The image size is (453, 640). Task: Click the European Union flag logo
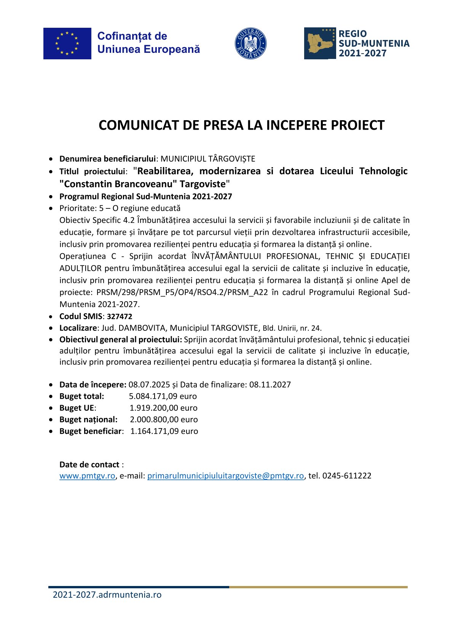67,43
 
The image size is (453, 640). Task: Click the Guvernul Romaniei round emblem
250,43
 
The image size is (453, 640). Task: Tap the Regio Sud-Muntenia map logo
320,43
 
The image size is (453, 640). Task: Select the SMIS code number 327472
120,316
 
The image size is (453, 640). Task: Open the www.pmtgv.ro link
87,476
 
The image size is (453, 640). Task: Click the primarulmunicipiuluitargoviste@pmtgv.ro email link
225,476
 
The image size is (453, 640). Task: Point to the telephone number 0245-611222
346,476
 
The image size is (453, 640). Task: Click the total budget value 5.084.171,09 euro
163,396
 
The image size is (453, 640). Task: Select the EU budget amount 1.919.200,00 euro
163,408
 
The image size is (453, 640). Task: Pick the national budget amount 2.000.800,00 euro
164,419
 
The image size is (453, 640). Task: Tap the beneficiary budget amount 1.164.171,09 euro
164,431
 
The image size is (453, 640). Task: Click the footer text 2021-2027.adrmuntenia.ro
107,595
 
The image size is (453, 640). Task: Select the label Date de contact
89,465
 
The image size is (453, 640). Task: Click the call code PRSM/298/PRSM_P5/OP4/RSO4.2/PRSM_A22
182,292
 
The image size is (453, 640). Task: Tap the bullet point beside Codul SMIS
51,316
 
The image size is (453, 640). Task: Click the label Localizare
78,328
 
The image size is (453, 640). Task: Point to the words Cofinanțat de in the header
132,36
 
